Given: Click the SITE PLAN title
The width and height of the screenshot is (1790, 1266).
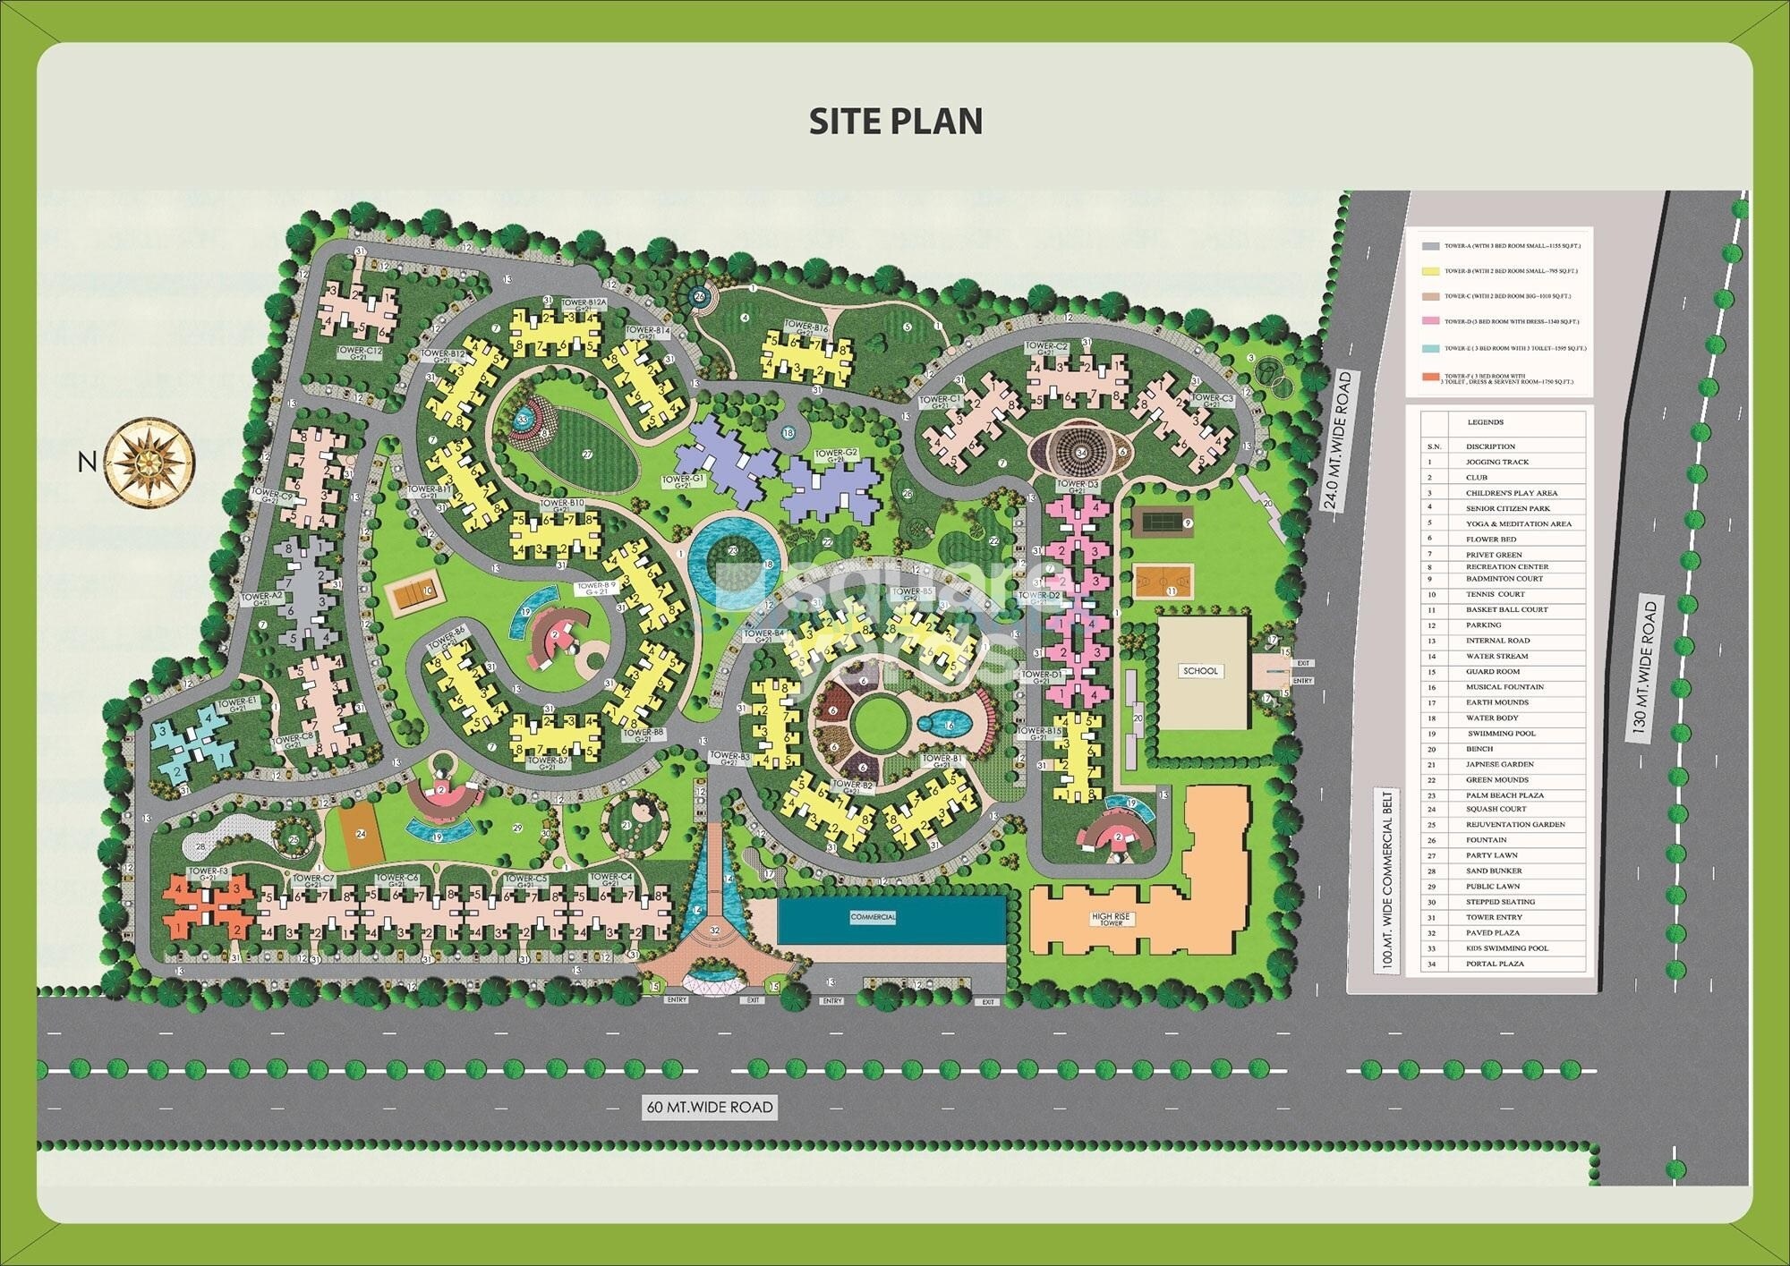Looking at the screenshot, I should click(x=896, y=121).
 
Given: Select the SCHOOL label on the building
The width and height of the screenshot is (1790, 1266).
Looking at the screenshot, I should click(x=1199, y=671).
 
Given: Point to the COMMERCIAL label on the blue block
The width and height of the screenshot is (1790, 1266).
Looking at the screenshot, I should click(x=873, y=917).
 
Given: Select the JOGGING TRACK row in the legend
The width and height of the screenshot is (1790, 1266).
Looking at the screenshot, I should click(x=1496, y=463).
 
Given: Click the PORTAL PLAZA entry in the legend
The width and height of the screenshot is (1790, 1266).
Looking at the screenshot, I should click(x=1495, y=964).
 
